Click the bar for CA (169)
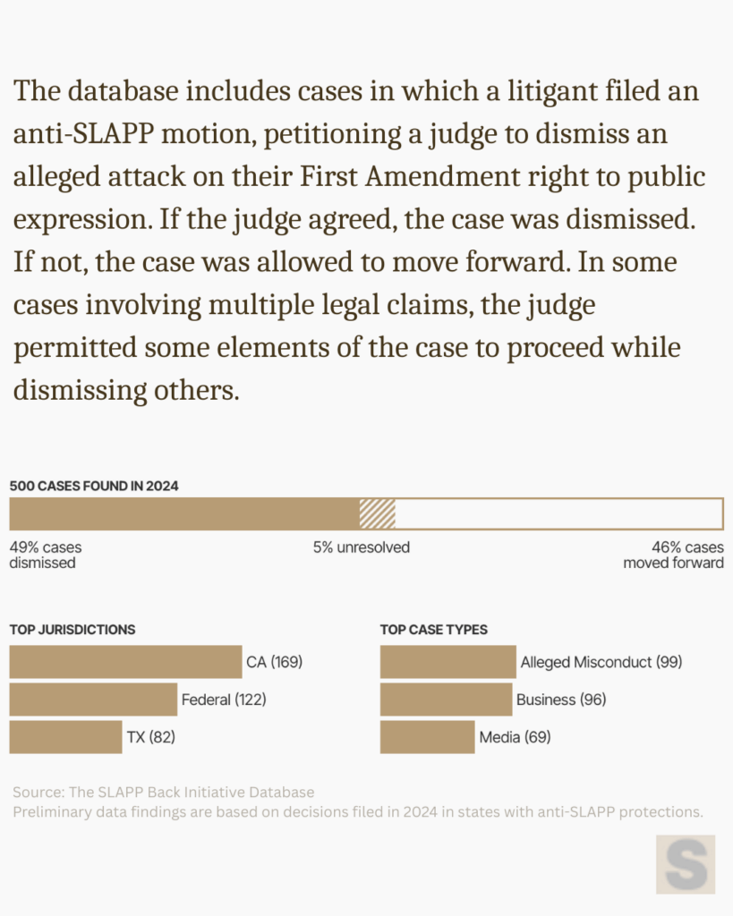[x=125, y=662]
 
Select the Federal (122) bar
[x=93, y=700]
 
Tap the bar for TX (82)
[x=65, y=737]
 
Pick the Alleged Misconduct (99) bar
[x=447, y=662]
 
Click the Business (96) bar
[x=446, y=700]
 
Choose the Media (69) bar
[x=427, y=737]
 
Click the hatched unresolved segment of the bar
[x=377, y=513]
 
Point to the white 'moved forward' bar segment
[x=558, y=513]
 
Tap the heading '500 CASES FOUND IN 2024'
[x=94, y=486]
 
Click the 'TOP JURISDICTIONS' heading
[x=72, y=629]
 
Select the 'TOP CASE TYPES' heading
[x=434, y=629]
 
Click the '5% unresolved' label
[x=362, y=547]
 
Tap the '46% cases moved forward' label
[x=674, y=555]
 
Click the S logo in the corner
[x=686, y=864]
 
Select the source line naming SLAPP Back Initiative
[x=164, y=793]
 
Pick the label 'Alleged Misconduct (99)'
[x=601, y=662]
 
